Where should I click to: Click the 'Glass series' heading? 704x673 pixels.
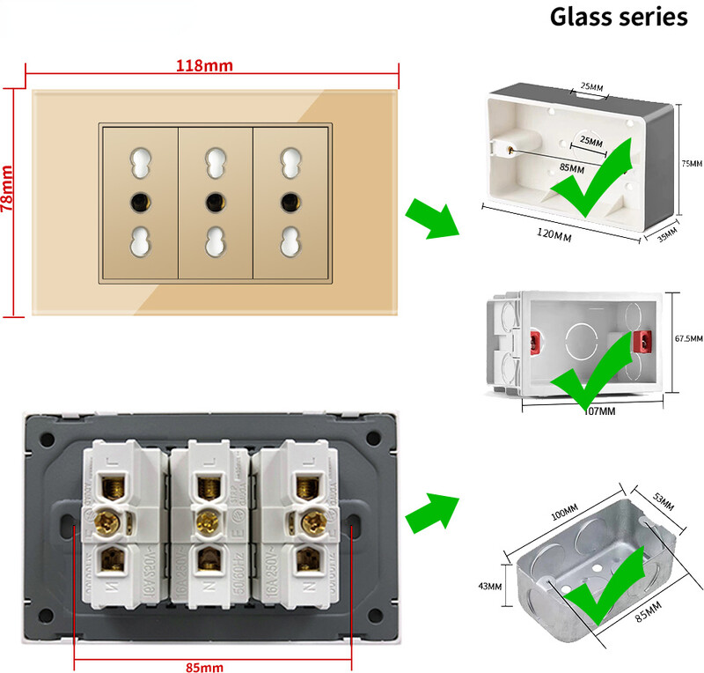619,17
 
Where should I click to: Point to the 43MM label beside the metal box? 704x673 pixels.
491,586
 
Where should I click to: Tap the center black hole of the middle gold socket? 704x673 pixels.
213,203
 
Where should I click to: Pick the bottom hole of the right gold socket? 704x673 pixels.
287,241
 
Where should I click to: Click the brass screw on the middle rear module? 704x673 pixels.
208,520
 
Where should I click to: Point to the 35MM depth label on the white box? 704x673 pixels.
666,235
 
